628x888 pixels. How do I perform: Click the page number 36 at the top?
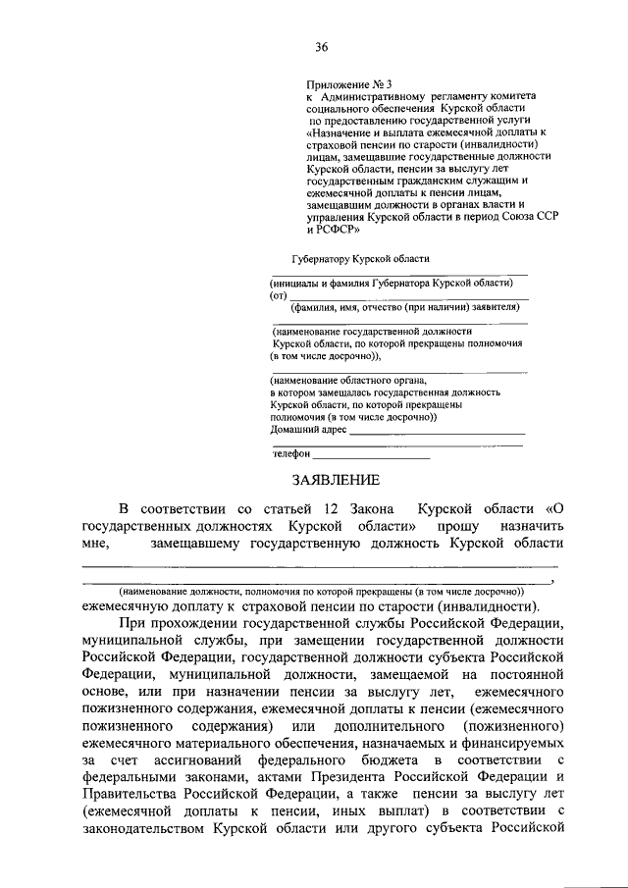[321, 47]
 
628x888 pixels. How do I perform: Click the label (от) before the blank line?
[278, 295]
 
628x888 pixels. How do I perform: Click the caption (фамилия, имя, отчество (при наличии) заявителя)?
[397, 307]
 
